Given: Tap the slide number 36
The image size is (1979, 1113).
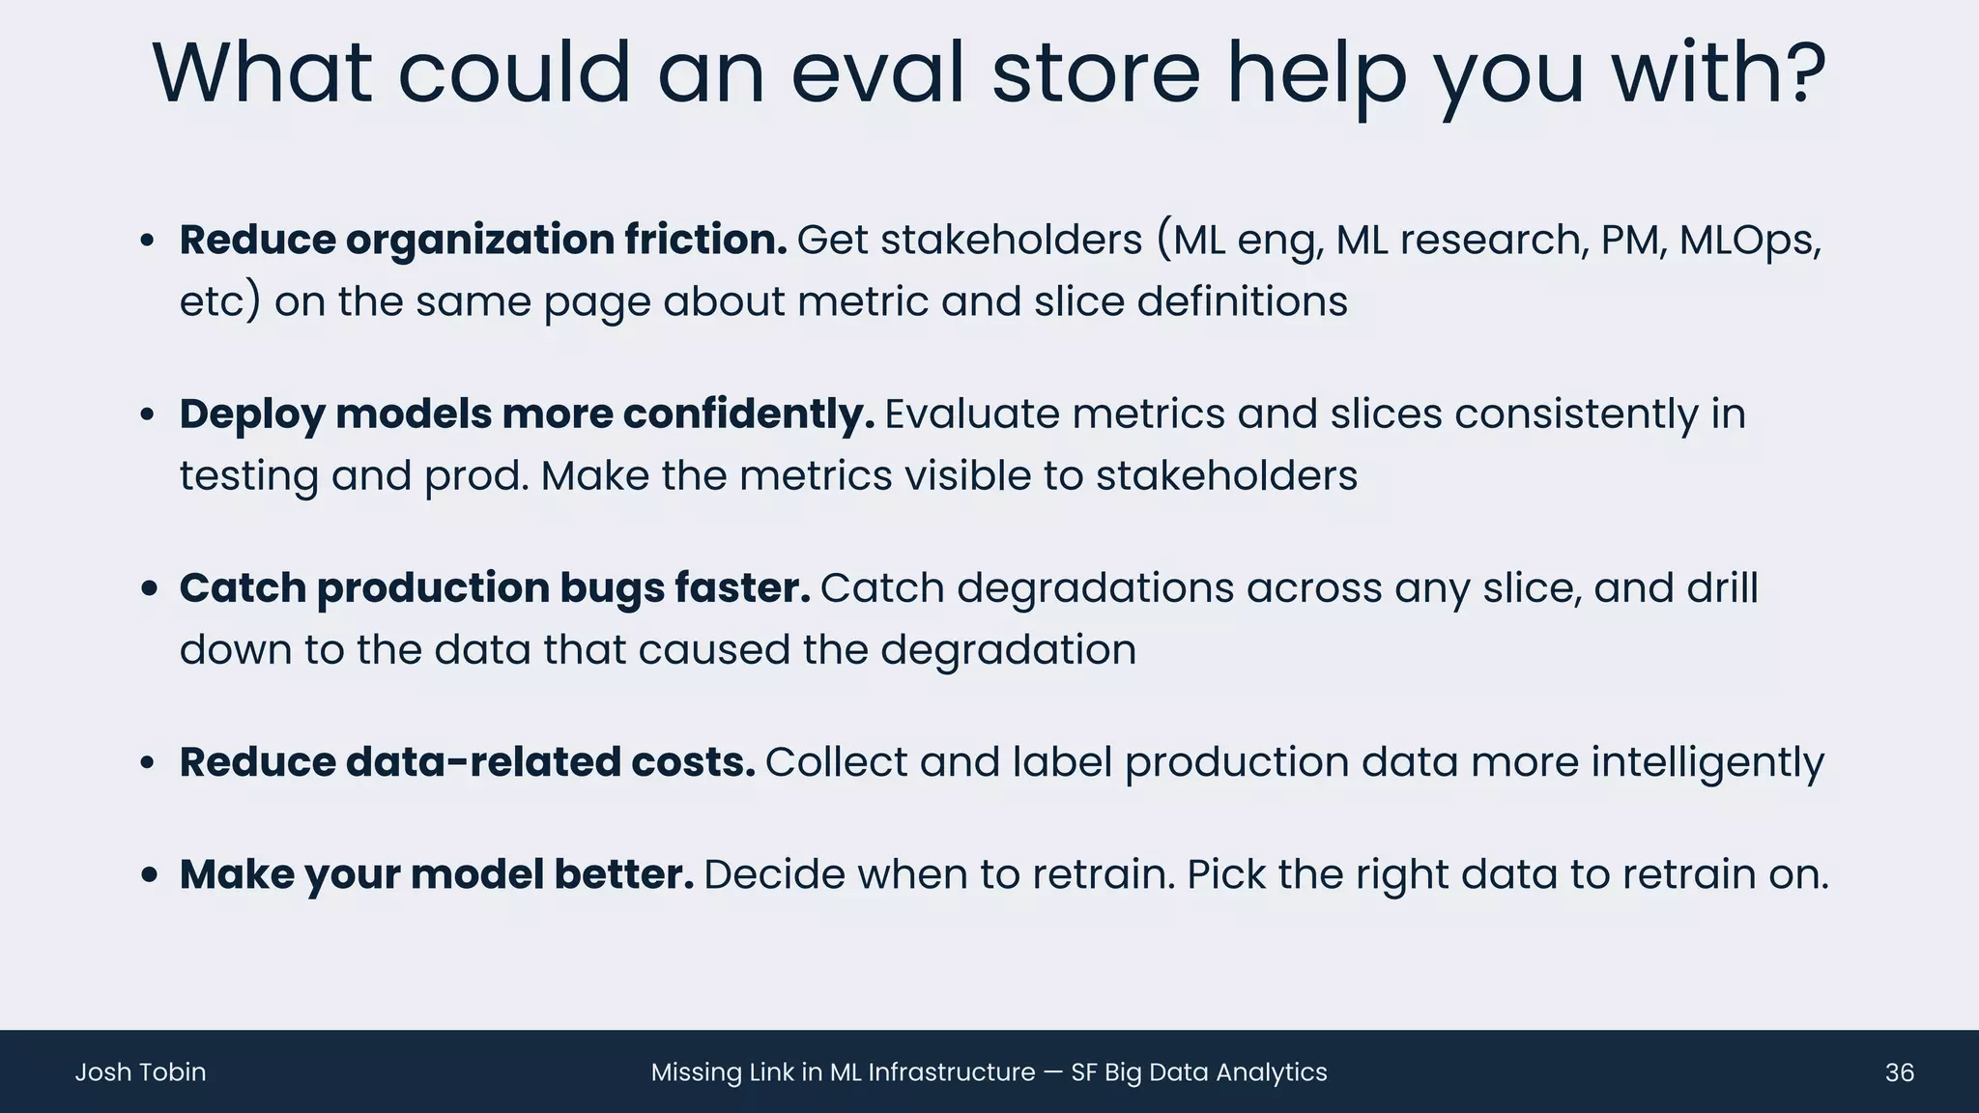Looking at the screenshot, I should coord(1899,1072).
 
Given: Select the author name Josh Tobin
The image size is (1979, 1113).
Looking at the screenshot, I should coord(140,1072).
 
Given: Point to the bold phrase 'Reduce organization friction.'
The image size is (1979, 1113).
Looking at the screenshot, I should coord(483,240).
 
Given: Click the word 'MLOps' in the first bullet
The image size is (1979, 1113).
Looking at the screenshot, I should coord(1748,240).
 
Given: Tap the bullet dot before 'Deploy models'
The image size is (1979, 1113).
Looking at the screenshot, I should coord(147,415).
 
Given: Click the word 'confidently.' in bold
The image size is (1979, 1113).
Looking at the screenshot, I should coord(749,414).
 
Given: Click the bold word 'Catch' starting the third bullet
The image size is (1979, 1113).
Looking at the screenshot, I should coord(243,587).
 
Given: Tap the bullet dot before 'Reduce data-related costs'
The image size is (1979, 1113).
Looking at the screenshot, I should coord(147,763).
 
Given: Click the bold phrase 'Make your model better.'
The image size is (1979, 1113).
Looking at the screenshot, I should coord(437,874).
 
